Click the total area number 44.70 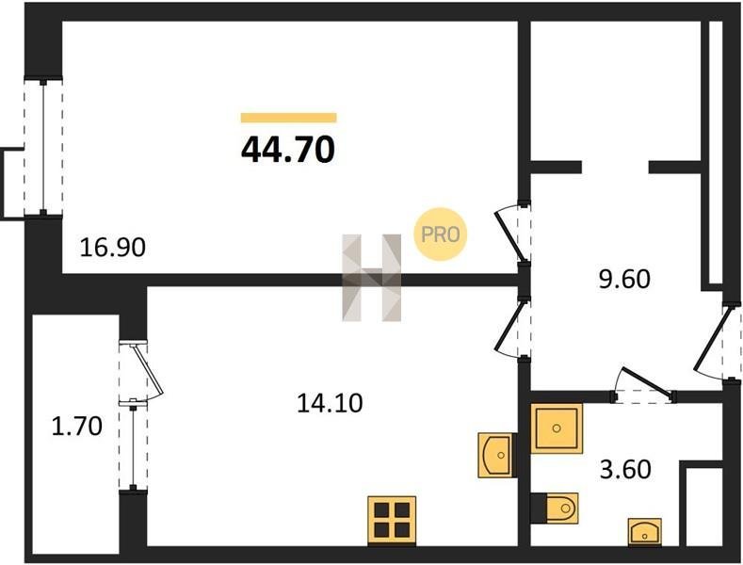[288, 150]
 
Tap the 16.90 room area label [112, 248]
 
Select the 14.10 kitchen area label [330, 403]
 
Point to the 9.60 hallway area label [624, 279]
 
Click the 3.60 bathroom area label [625, 470]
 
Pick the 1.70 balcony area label [77, 426]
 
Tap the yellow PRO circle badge [440, 234]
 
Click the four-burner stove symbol [392, 521]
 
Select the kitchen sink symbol [496, 455]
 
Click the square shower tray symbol [557, 428]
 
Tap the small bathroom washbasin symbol [645, 532]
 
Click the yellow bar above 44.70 [288, 118]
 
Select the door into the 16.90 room [512, 233]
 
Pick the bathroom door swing [644, 385]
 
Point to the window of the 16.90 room [43, 148]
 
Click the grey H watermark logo [371, 278]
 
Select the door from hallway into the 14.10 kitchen [511, 328]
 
